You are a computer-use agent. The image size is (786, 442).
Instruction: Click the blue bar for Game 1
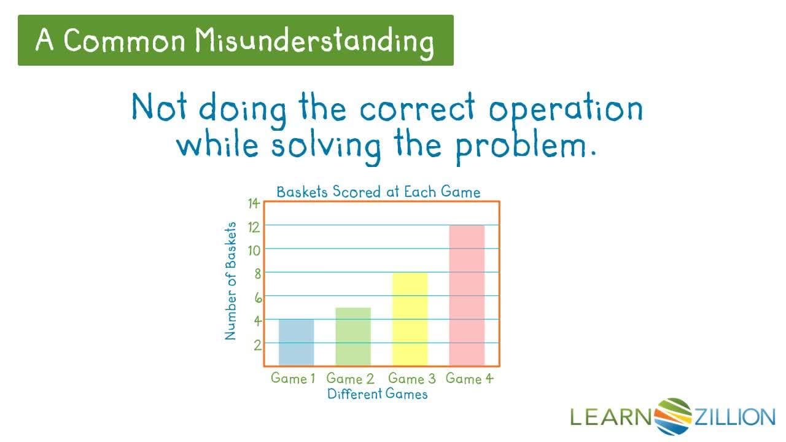pyautogui.click(x=296, y=342)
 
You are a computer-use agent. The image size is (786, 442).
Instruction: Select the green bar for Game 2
pyautogui.click(x=353, y=336)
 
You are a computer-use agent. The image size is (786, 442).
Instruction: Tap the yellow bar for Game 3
pyautogui.click(x=410, y=319)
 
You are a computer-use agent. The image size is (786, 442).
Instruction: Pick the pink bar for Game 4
pyautogui.click(x=467, y=295)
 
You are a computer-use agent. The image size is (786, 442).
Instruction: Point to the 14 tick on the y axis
pyautogui.click(x=254, y=204)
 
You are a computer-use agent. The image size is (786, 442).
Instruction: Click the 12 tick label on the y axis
pyautogui.click(x=254, y=227)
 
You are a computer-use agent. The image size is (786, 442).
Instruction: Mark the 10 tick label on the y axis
pyautogui.click(x=254, y=250)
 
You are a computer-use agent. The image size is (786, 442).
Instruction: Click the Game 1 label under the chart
pyautogui.click(x=292, y=378)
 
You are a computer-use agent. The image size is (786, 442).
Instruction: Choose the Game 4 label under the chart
pyautogui.click(x=469, y=378)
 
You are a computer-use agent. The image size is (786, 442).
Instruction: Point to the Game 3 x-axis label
pyautogui.click(x=411, y=378)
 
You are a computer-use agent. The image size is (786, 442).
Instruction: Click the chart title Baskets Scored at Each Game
pyautogui.click(x=378, y=192)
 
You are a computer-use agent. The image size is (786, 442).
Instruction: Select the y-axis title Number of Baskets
pyautogui.click(x=231, y=281)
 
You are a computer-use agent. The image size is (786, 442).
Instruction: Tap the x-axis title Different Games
pyautogui.click(x=377, y=394)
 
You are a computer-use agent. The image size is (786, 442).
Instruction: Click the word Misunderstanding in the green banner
pyautogui.click(x=314, y=41)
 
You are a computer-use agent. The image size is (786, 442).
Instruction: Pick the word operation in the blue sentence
pyautogui.click(x=565, y=109)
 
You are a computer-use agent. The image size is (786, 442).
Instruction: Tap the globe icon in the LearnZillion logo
pyautogui.click(x=673, y=416)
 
